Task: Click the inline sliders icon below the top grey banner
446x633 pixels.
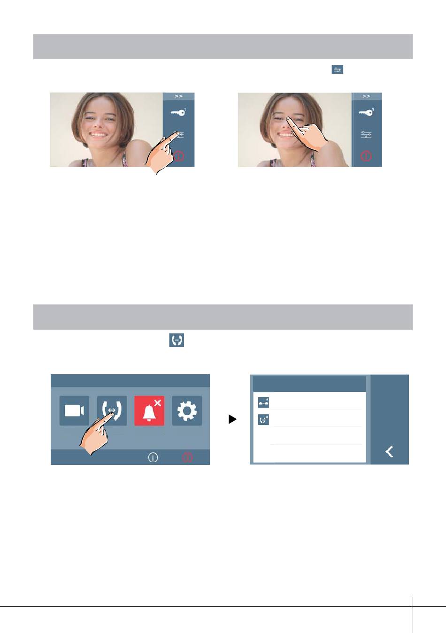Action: click(337, 69)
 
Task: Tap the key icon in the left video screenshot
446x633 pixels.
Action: click(178, 112)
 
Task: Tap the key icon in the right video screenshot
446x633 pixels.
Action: click(366, 112)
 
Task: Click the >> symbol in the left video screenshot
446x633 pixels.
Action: click(178, 96)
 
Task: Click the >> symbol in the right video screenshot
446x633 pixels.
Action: click(366, 96)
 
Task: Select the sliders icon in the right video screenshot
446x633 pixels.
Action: click(366, 134)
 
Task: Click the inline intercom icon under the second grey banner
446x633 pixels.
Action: click(177, 340)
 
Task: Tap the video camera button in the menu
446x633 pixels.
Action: click(74, 410)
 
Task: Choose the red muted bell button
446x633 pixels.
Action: click(149, 410)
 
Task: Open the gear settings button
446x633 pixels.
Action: click(187, 410)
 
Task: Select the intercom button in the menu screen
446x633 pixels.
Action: click(112, 410)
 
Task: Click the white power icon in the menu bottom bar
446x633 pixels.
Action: click(153, 457)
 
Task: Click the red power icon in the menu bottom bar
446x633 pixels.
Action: click(187, 457)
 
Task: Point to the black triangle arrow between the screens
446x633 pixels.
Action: click(232, 419)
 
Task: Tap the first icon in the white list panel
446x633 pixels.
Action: click(263, 402)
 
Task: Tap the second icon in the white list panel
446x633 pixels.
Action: click(263, 420)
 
